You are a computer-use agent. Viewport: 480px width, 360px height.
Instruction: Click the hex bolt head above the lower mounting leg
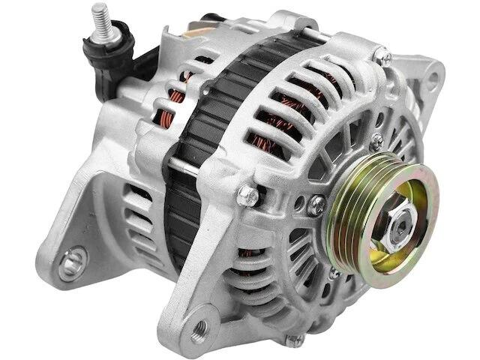click(x=248, y=196)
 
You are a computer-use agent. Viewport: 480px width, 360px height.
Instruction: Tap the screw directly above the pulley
click(x=375, y=140)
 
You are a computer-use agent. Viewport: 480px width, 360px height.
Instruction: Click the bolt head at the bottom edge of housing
click(x=292, y=340)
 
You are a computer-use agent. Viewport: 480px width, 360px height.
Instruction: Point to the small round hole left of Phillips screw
click(x=300, y=202)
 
